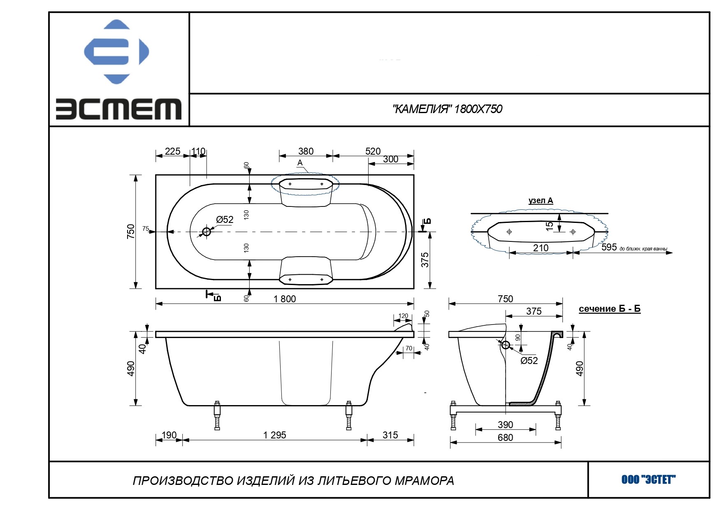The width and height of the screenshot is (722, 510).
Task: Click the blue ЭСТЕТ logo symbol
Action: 116,51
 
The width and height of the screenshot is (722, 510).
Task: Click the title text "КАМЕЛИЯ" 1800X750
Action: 447,109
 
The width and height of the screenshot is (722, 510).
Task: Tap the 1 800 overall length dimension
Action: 285,299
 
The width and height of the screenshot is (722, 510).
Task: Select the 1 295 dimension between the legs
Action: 274,435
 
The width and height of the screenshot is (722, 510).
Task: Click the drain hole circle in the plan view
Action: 207,232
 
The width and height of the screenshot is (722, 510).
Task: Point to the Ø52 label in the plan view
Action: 225,220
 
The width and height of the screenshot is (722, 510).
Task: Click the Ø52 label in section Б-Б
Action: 529,361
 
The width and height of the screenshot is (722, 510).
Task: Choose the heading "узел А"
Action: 541,201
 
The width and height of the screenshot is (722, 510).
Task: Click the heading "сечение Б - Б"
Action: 609,309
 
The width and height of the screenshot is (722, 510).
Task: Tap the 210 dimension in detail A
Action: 541,248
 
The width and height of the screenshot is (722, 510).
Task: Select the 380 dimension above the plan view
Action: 306,151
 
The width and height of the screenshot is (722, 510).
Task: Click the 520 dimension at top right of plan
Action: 373,151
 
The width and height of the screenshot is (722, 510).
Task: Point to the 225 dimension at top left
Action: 172,151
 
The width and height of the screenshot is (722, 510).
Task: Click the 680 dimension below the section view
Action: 505,438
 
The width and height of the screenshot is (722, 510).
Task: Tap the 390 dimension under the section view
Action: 505,425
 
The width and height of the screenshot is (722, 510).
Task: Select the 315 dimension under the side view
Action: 390,435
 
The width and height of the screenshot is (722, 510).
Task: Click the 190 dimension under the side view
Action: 169,435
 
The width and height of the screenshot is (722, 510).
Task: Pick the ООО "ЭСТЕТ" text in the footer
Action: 648,480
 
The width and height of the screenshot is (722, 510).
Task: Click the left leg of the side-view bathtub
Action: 217,415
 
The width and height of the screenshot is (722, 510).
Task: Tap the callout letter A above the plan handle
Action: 300,163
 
